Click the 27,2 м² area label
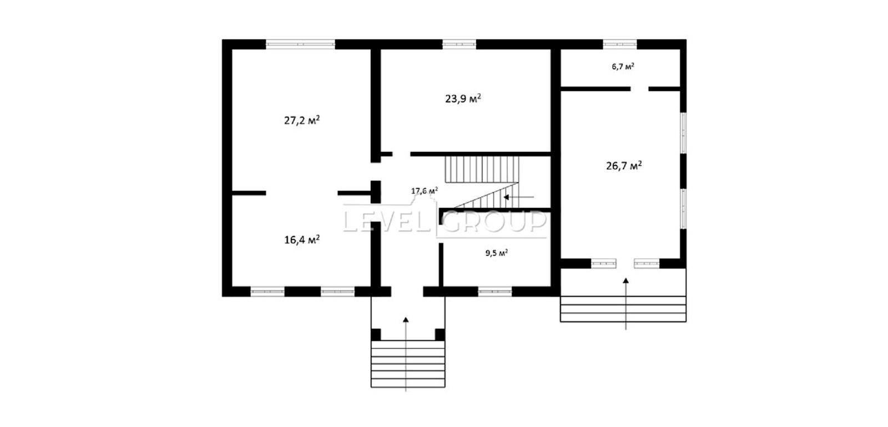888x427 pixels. (302, 120)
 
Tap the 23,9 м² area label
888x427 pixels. (463, 98)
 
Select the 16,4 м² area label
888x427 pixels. (302, 240)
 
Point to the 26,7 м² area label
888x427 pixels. (624, 166)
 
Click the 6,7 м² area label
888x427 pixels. (623, 66)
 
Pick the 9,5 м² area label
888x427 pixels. (496, 253)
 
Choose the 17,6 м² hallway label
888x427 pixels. (424, 191)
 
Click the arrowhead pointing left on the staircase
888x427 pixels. (506, 197)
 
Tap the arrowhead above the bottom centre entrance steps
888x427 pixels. (406, 319)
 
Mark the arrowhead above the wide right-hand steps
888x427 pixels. (625, 281)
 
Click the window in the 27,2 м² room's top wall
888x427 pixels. (300, 44)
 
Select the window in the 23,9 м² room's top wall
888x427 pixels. (459, 44)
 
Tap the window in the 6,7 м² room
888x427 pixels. (619, 44)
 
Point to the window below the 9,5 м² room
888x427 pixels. (495, 292)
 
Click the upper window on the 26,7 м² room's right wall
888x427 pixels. (683, 133)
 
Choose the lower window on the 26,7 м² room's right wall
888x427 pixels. (683, 209)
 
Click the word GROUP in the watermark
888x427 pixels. (495, 221)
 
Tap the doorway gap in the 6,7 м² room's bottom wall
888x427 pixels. (639, 89)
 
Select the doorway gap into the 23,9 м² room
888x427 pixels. (401, 154)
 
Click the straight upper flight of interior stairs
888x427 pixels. (482, 169)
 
